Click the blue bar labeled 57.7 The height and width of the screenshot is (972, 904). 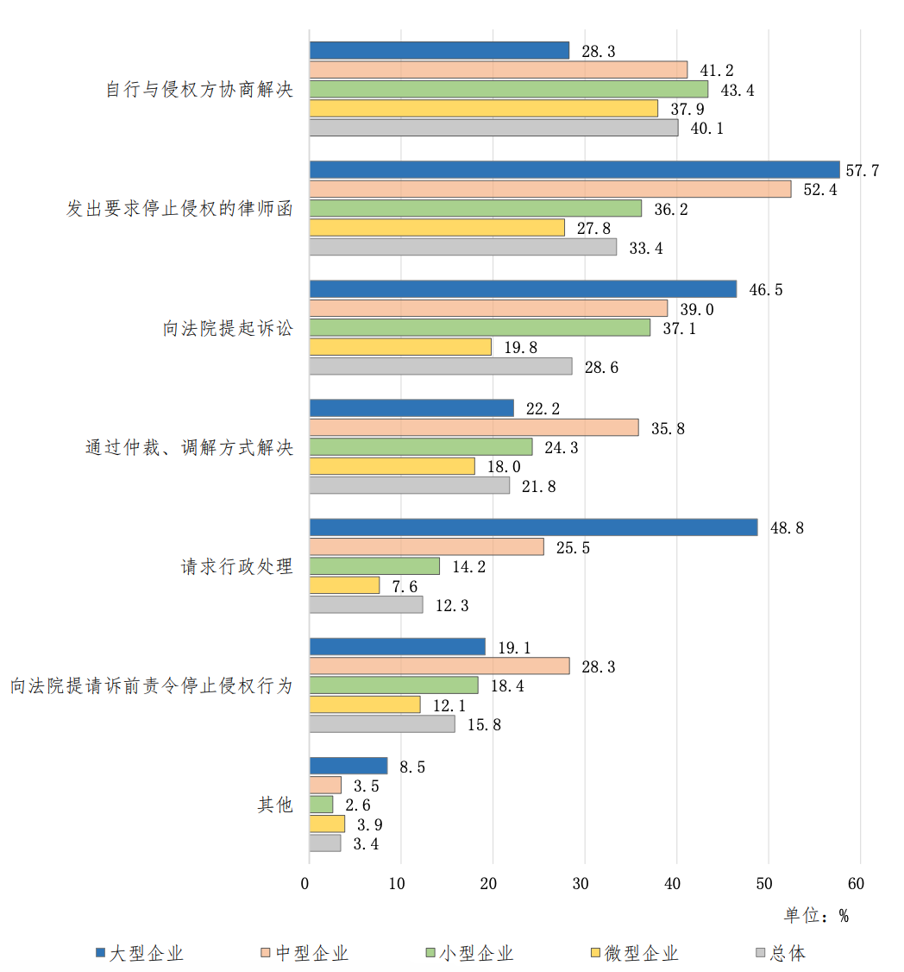574,170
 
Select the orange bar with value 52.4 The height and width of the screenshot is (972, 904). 550,189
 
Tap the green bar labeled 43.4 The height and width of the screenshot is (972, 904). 509,89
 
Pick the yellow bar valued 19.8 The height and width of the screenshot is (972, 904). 400,347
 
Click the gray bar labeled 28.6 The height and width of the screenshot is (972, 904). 441,366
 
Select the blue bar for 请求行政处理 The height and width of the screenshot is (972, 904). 533,527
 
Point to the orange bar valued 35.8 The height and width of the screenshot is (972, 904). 474,427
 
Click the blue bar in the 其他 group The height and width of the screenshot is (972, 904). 348,766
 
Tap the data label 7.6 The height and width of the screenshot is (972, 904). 405,587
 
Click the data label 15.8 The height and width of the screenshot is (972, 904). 484,725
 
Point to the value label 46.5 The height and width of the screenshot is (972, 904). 766,290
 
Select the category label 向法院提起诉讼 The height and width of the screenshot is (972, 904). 229,328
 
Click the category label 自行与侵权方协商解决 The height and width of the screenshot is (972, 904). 199,90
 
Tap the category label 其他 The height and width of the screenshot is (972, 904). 275,805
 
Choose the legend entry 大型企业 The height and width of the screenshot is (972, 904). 147,953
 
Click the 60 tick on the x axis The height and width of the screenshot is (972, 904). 857,884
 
